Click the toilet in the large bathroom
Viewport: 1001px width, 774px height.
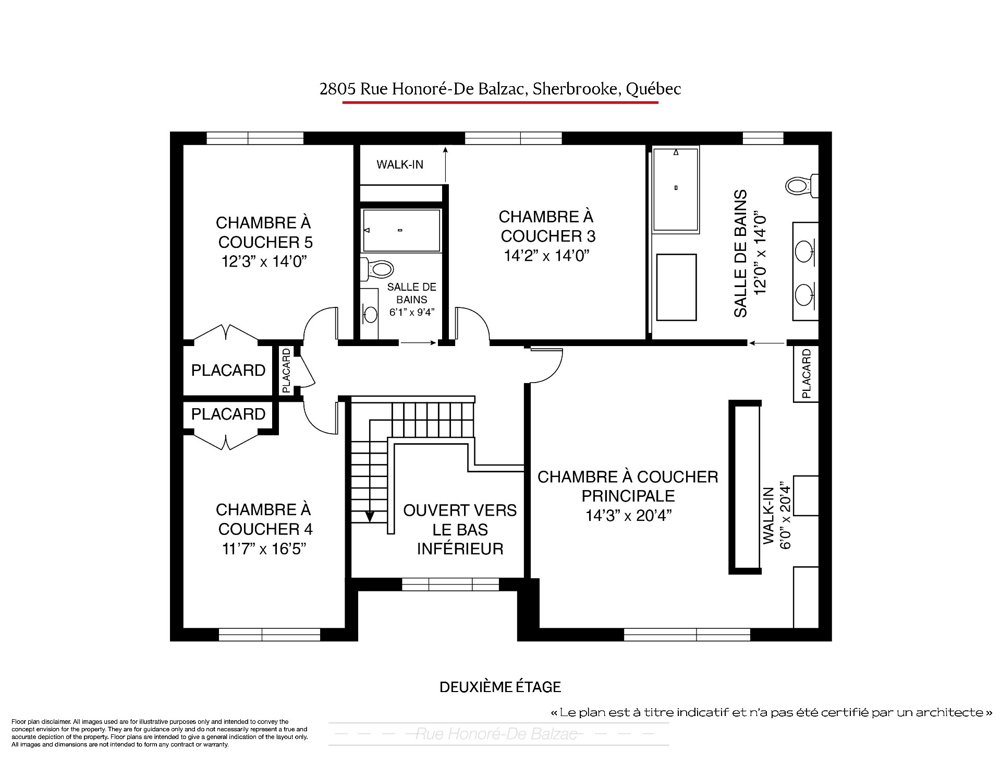click(802, 186)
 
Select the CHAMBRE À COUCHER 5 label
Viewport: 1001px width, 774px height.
click(264, 232)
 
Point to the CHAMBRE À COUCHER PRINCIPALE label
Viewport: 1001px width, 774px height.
click(628, 486)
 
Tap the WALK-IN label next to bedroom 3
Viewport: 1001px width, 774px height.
click(400, 164)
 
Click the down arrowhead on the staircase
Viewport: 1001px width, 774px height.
click(369, 516)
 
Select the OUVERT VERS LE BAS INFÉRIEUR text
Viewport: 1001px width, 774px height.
click(460, 529)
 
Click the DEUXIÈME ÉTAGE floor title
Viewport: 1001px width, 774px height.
click(500, 686)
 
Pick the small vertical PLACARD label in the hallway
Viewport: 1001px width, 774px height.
click(286, 371)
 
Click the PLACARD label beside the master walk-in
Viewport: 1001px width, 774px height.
click(806, 374)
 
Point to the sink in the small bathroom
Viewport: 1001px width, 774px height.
click(370, 314)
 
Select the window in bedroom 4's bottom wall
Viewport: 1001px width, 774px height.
click(269, 635)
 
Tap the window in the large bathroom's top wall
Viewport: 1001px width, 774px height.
click(763, 138)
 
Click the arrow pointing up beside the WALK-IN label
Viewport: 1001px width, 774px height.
click(446, 164)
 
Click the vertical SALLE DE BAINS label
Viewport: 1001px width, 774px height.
click(740, 253)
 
